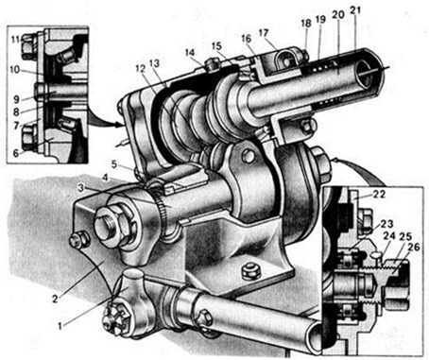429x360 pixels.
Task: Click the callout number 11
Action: click(15, 40)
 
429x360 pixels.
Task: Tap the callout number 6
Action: click(16, 153)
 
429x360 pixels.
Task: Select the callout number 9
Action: click(17, 99)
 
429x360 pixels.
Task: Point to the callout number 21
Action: click(355, 11)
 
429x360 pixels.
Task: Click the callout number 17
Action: click(264, 33)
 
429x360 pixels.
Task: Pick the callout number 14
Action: click(190, 52)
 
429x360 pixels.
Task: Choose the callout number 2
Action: click(55, 299)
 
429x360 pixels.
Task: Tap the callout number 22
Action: click(379, 195)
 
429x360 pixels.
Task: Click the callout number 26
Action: click(414, 248)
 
